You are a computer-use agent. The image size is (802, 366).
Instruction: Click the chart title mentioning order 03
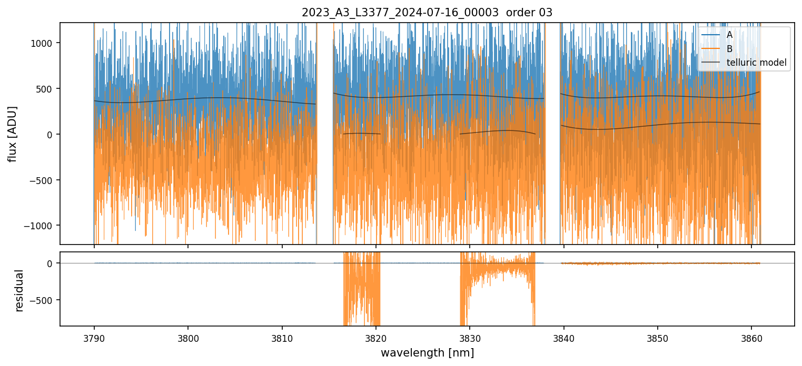point(427,13)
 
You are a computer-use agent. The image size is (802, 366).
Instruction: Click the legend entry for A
point(729,35)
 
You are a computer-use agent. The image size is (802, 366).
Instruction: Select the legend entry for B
point(729,49)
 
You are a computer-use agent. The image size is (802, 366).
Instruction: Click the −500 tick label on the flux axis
point(45,180)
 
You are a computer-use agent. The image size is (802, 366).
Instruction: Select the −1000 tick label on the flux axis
point(42,226)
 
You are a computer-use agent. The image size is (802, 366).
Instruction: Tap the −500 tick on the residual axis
point(45,300)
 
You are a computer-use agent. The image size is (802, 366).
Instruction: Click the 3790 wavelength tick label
point(94,337)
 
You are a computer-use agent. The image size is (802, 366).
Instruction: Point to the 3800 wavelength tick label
point(188,337)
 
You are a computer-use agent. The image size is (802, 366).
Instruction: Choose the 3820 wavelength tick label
point(376,337)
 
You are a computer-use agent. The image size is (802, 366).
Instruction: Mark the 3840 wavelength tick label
point(564,337)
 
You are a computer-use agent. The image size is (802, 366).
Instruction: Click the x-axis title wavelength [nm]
point(427,352)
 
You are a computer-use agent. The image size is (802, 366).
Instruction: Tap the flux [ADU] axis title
point(13,134)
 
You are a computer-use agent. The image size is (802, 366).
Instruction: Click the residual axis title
point(19,290)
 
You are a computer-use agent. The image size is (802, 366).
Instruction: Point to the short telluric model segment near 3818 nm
point(362,134)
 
